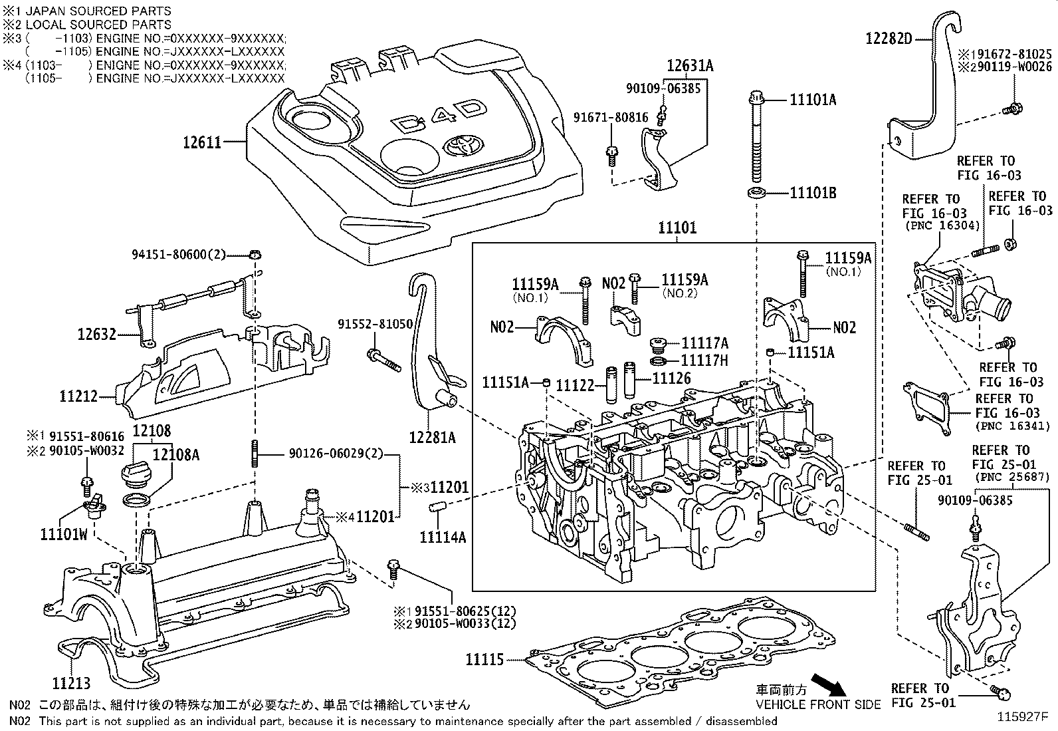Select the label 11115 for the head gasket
pos(484,659)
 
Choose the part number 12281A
pos(433,437)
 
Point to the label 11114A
pos(443,537)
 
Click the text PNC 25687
pos(1011,478)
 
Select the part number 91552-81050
pos(375,323)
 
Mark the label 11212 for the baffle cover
pos(78,396)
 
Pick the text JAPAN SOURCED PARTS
pos(98,11)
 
